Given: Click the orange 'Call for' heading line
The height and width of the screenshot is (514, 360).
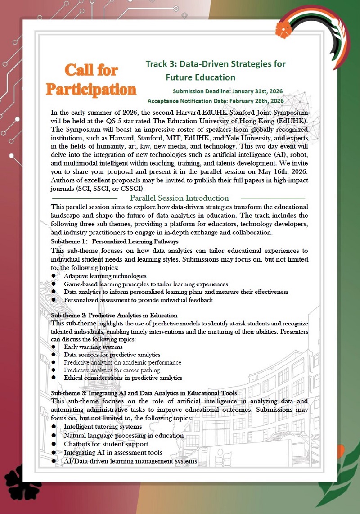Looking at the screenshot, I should point(91,70).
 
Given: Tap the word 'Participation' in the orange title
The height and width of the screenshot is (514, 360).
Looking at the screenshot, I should point(91,89).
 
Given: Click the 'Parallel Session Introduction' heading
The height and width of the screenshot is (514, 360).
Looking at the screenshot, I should point(179,198).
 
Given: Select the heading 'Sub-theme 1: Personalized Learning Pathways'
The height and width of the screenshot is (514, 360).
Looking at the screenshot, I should point(114,242).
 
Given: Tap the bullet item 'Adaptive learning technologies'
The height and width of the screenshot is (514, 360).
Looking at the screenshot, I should point(105,276).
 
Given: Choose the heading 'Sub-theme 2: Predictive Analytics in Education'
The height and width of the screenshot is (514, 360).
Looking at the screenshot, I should point(114,315).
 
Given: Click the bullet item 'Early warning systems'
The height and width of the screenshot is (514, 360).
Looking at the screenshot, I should point(93,347).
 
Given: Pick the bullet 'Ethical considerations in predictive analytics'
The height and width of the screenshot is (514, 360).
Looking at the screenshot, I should point(123,378).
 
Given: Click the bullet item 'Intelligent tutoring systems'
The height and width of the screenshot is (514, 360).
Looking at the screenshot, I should point(103,426).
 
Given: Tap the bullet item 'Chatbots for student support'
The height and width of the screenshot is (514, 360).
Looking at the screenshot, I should point(103,444).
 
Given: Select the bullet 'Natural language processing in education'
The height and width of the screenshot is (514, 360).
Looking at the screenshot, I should point(124,435).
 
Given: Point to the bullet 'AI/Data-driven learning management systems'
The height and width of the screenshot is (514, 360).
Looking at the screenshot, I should point(130,461).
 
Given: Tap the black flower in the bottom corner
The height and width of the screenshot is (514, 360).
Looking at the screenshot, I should point(22,484).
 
